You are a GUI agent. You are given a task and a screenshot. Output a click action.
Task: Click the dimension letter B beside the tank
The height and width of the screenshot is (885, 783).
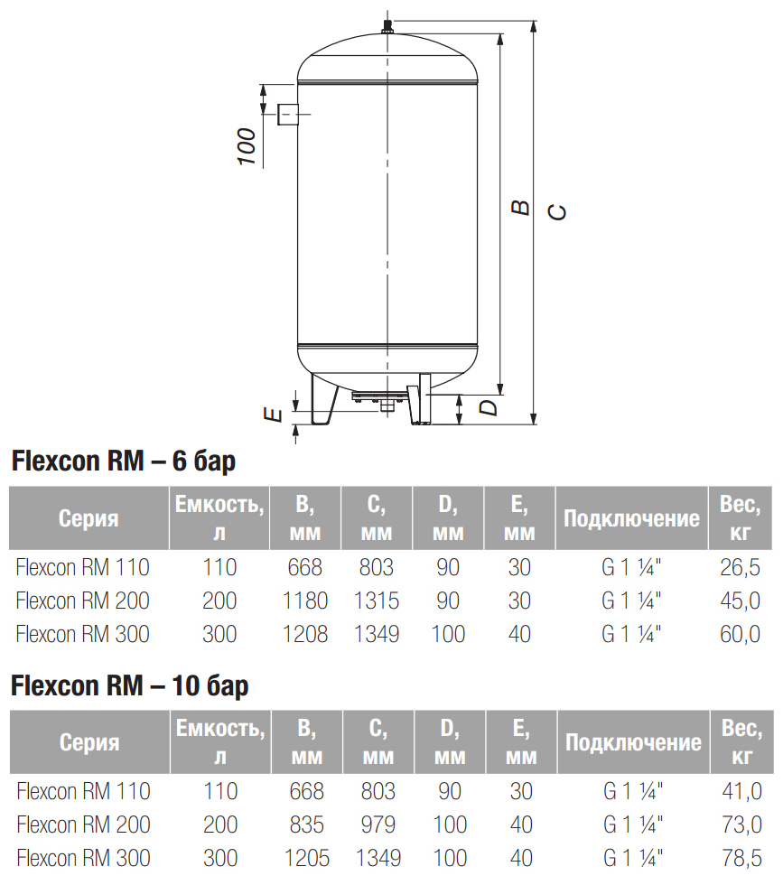521,207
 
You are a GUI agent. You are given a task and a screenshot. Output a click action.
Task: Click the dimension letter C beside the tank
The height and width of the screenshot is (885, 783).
557,211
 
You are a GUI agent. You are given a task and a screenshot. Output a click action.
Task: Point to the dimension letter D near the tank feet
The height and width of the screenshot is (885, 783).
489,407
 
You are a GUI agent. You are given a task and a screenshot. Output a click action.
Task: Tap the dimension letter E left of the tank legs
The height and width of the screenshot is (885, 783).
274,415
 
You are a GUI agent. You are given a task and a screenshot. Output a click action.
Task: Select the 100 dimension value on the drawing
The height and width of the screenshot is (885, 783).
247,146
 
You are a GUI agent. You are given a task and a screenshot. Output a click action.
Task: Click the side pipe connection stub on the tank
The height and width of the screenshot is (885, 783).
287,115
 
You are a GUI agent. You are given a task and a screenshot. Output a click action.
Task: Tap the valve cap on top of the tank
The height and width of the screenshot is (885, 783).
387,26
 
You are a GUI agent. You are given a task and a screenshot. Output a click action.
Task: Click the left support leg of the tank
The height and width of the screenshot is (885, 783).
324,398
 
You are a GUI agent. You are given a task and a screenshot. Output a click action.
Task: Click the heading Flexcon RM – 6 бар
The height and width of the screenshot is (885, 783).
124,461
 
